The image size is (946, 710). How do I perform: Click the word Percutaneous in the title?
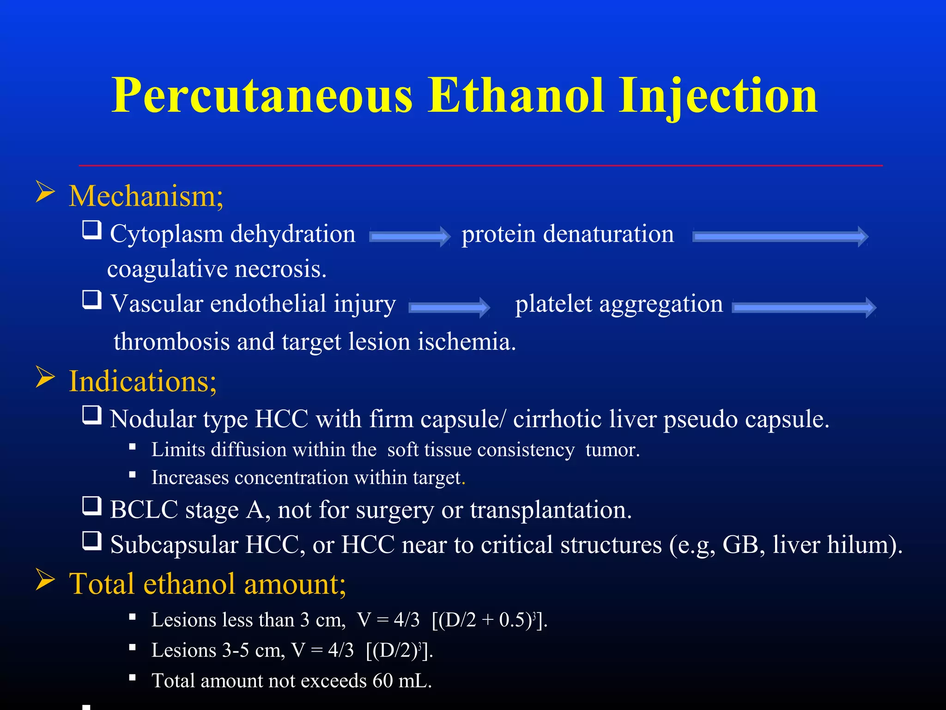[262, 96]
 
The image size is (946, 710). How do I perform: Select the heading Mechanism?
[146, 196]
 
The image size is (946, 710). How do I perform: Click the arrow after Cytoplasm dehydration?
[409, 237]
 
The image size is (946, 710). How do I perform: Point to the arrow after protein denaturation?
[780, 237]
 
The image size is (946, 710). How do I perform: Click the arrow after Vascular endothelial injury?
[449, 307]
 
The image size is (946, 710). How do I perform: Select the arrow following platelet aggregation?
[804, 307]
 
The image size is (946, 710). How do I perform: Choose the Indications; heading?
[142, 382]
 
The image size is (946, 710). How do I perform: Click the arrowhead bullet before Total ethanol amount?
[45, 581]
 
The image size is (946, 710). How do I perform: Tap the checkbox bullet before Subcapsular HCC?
[92, 540]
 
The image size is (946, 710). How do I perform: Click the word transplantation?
[551, 510]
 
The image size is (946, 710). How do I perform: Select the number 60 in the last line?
[382, 681]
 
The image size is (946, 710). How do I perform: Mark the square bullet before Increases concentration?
[133, 474]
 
